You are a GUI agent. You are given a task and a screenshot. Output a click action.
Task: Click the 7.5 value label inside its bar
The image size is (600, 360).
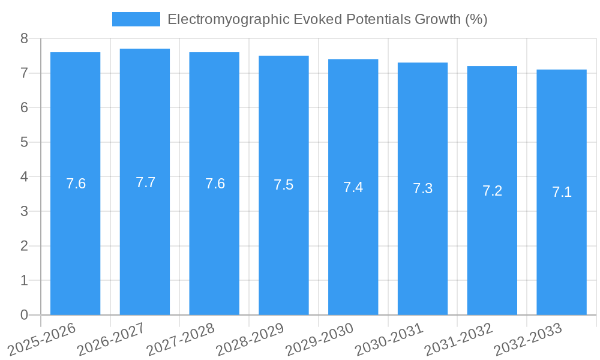284,185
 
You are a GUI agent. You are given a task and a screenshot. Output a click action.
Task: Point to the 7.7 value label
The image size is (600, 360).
145,182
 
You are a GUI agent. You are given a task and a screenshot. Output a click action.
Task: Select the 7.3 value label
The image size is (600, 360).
422,188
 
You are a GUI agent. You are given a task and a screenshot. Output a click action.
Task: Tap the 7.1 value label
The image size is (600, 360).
562,192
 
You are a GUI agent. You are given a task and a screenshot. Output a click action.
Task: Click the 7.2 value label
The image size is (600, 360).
492,191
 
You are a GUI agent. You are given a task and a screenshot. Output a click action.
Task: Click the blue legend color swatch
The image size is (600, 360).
136,19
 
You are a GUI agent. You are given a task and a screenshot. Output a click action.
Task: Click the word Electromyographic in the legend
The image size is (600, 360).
228,19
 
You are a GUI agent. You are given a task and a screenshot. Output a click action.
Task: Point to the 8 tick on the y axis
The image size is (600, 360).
24,38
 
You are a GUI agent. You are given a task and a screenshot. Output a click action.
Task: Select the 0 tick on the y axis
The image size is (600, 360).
24,315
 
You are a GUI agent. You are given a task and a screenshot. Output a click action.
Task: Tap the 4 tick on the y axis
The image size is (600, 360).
24,177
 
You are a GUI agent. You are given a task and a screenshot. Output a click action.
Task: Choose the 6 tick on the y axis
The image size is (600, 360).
24,107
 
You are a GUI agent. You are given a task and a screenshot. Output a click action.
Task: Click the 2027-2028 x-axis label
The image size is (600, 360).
180,340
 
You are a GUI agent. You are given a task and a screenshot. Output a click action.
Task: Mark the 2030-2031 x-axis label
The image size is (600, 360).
388,340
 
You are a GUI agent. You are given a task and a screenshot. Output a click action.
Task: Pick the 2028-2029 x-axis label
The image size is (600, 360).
249,340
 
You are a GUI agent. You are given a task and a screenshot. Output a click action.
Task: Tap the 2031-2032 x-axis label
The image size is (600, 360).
458,340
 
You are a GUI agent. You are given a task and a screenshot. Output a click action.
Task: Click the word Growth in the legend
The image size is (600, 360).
437,19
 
